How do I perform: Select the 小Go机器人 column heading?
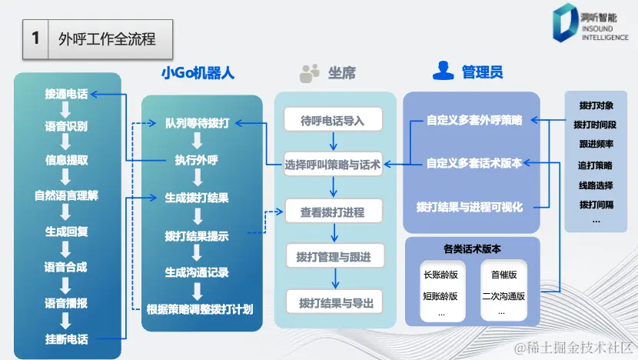pyautogui.click(x=198, y=73)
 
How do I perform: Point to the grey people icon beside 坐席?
pyautogui.click(x=310, y=73)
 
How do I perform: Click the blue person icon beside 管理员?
pyautogui.click(x=442, y=72)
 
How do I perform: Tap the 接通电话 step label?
pyautogui.click(x=66, y=95)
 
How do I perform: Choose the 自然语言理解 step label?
pyautogui.click(x=66, y=195)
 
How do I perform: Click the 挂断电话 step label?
pyautogui.click(x=66, y=339)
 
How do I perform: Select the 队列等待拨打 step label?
pyautogui.click(x=197, y=123)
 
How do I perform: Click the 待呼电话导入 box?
pyautogui.click(x=331, y=121)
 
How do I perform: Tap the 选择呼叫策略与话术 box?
pyautogui.click(x=333, y=164)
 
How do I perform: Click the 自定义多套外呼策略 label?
pyautogui.click(x=474, y=121)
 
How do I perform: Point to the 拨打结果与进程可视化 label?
pyautogui.click(x=469, y=207)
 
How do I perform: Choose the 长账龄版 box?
pyautogui.click(x=440, y=275)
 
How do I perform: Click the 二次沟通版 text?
pyautogui.click(x=503, y=296)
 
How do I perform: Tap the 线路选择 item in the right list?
pyautogui.click(x=596, y=185)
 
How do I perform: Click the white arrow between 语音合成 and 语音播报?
pyautogui.click(x=66, y=284)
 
